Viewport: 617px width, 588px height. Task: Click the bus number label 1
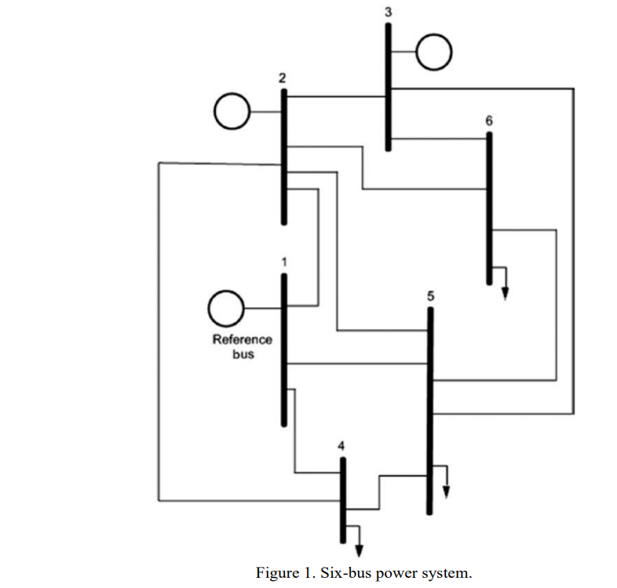pos(284,261)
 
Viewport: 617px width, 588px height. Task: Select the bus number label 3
pos(387,13)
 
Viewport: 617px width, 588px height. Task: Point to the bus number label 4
pos(341,445)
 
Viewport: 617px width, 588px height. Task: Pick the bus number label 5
pos(429,296)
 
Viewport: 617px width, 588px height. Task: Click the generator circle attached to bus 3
pos(433,52)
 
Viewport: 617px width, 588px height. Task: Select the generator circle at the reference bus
pos(226,308)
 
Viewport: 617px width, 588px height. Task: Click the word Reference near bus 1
pos(242,339)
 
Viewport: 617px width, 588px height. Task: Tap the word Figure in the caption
pos(275,572)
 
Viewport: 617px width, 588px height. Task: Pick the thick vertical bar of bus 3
pos(388,86)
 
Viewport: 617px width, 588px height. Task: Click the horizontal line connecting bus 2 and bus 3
pos(335,96)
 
